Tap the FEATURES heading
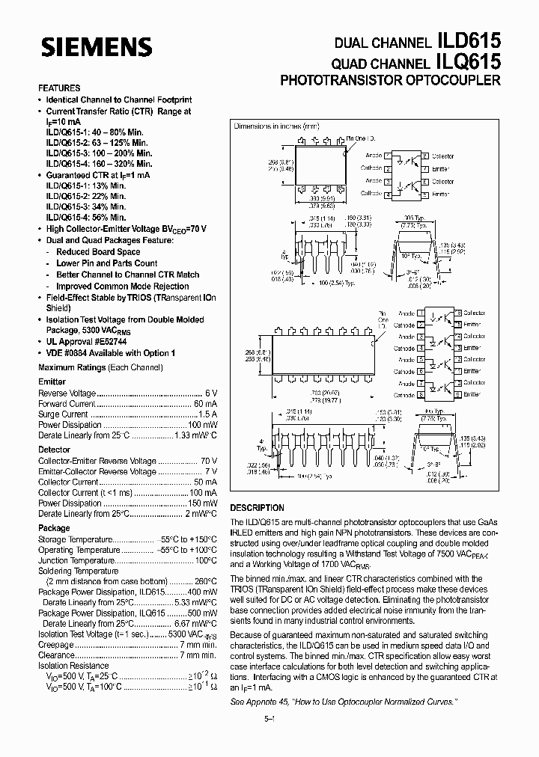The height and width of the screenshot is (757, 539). [x=59, y=88]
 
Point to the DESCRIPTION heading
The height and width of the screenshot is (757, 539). [x=257, y=508]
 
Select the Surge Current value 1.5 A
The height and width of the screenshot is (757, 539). [x=207, y=414]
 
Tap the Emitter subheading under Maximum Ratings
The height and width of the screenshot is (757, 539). [x=52, y=382]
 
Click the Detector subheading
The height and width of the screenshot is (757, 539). [x=55, y=450]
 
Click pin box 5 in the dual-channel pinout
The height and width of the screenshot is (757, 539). [x=425, y=193]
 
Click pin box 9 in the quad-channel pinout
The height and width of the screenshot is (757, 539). [x=457, y=395]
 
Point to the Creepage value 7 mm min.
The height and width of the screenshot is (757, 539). [x=198, y=645]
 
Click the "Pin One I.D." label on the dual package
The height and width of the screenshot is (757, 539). [x=361, y=138]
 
